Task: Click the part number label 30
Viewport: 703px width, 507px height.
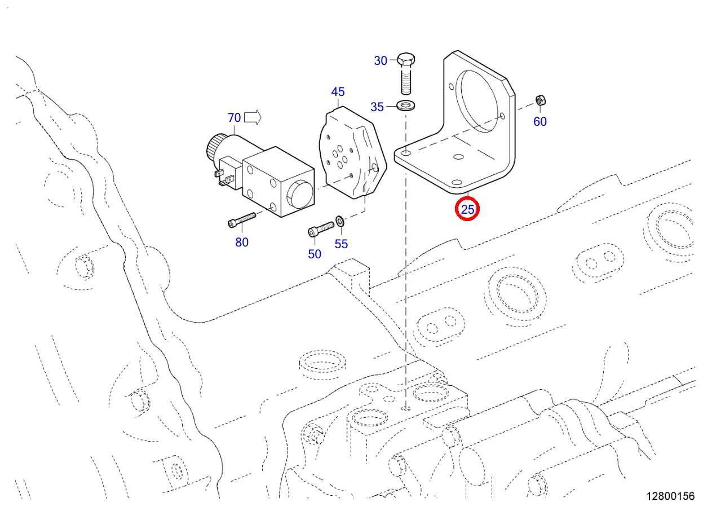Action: tap(381, 61)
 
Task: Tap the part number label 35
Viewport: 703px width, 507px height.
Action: tap(377, 107)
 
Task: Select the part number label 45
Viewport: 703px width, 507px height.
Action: tap(338, 92)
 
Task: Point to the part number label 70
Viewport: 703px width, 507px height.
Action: tap(234, 118)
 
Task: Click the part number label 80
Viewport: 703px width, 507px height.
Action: tap(242, 243)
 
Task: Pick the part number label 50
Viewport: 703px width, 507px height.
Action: tap(315, 254)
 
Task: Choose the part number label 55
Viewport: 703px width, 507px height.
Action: tap(341, 244)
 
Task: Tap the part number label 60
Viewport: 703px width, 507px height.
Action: tap(540, 121)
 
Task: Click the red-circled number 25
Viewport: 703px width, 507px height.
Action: tap(468, 210)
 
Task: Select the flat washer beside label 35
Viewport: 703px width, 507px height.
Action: tap(405, 105)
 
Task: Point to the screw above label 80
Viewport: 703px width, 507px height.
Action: tap(242, 220)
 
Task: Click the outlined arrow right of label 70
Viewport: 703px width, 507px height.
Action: tap(254, 117)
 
